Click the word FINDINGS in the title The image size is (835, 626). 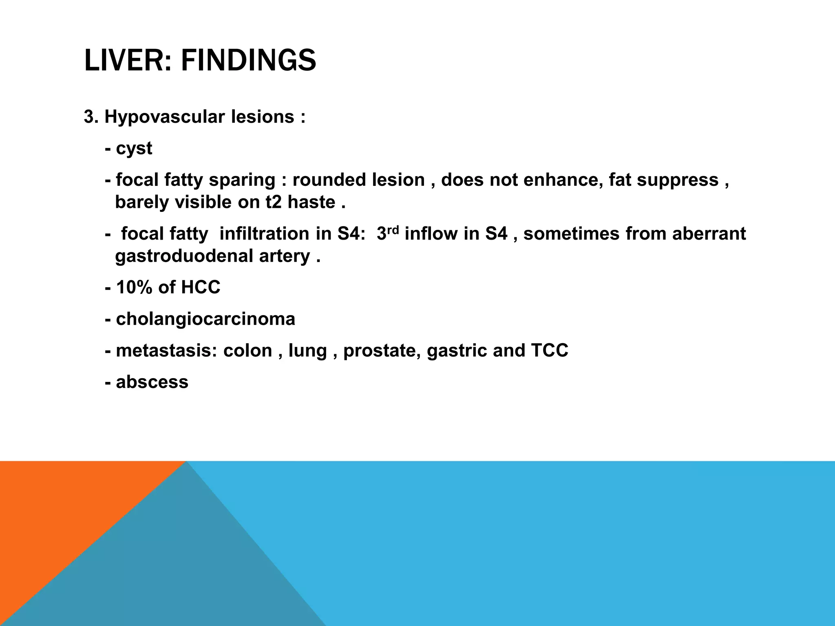pyautogui.click(x=248, y=61)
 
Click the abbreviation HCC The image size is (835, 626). pyautogui.click(x=201, y=287)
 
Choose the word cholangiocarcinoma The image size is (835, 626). pyautogui.click(x=205, y=319)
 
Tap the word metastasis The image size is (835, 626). pyautogui.click(x=166, y=350)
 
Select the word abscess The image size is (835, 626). pyautogui.click(x=152, y=382)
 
